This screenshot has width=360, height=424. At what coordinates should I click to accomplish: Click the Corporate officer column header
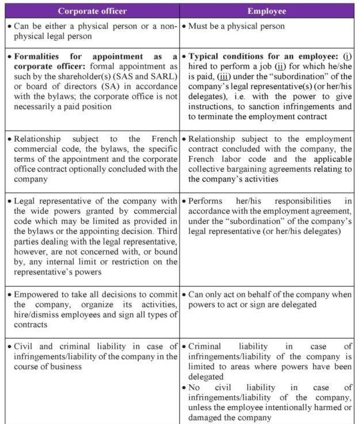[92, 11]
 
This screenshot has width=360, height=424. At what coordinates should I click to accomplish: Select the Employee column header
[267, 11]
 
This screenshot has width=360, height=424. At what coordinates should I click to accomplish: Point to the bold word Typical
[206, 57]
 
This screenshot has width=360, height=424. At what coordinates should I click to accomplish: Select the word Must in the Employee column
[200, 26]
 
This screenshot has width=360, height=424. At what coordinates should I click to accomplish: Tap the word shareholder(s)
[83, 78]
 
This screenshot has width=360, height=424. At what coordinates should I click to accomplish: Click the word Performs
[206, 201]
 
